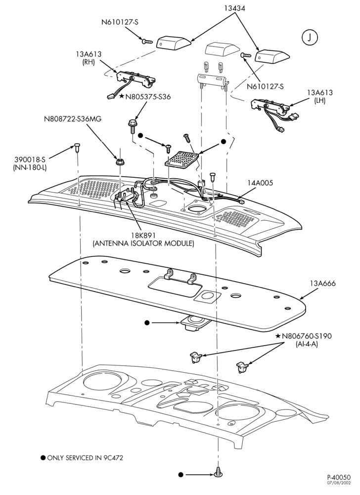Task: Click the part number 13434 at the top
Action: (234, 8)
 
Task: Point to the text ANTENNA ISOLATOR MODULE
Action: (143, 244)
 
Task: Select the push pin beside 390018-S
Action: (77, 147)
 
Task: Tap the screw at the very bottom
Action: (218, 473)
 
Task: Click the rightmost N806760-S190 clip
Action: (242, 367)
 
